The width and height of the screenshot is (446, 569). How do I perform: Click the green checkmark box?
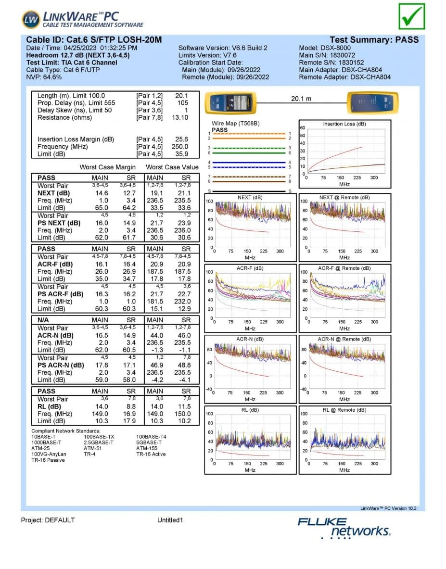(x=411, y=16)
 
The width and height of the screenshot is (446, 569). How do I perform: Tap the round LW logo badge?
(x=31, y=20)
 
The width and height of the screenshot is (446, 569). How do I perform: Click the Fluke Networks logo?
(x=344, y=528)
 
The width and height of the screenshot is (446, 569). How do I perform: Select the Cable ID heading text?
(x=94, y=40)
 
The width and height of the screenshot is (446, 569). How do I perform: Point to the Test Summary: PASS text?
(x=374, y=40)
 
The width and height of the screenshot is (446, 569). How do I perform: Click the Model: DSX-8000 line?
(x=325, y=48)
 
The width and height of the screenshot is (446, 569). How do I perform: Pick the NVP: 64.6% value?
(x=44, y=77)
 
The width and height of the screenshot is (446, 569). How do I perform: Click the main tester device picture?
(x=231, y=103)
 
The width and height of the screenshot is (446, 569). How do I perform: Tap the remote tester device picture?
(x=373, y=103)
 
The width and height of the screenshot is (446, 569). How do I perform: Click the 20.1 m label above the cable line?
(x=301, y=99)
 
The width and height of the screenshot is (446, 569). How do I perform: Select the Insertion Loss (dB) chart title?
(x=344, y=124)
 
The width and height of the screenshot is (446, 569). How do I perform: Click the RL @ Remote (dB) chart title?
(x=344, y=410)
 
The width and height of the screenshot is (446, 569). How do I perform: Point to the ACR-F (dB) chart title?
(x=250, y=268)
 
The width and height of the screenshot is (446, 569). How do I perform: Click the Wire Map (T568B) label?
(x=236, y=124)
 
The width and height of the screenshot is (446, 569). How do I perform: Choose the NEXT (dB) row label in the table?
(x=54, y=193)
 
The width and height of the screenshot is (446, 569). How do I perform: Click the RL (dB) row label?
(x=49, y=406)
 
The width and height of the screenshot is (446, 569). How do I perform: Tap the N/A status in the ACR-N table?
(x=43, y=320)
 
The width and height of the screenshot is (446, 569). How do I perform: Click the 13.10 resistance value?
(x=180, y=117)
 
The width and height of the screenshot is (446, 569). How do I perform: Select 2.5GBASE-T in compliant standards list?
(x=99, y=443)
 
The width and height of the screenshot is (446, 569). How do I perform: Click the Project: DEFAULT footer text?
(x=48, y=520)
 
